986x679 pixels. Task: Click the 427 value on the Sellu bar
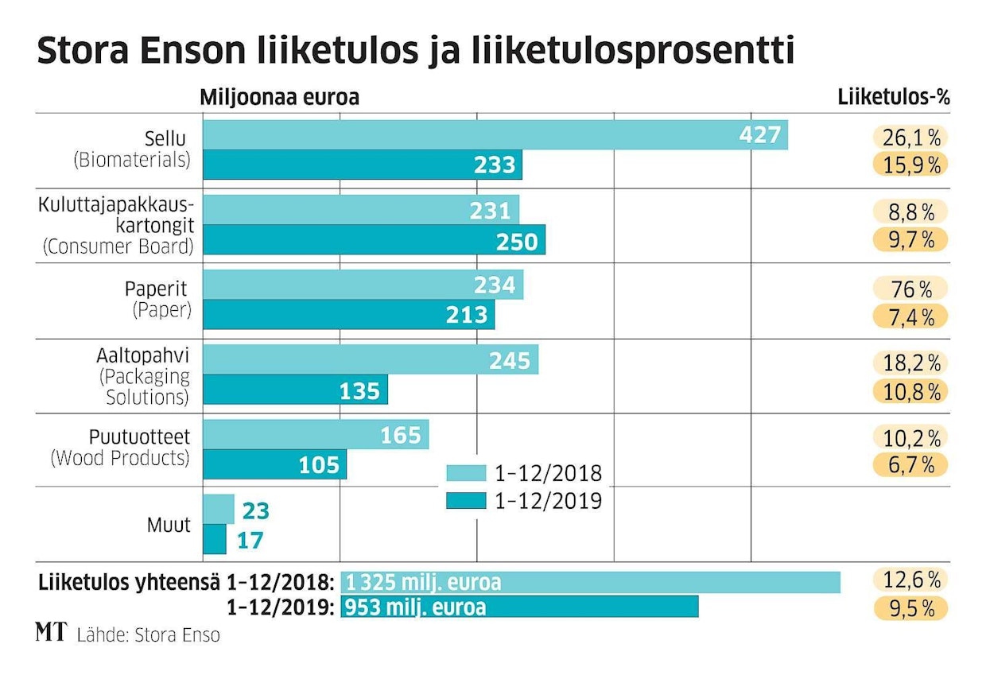[760, 134]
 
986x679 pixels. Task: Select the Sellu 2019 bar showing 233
[363, 165]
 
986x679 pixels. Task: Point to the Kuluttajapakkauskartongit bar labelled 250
[375, 240]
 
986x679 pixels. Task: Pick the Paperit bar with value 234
[363, 285]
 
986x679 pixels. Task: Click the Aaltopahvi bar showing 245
[371, 359]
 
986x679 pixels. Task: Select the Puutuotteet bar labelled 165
[316, 435]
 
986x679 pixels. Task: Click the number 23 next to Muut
[256, 510]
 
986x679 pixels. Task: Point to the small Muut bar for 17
[215, 540]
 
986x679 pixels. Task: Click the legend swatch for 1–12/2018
[466, 475]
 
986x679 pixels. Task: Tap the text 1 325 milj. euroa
[423, 582]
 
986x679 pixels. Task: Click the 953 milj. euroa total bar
[519, 607]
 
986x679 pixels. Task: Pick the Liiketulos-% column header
[895, 97]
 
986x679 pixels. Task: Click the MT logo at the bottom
[51, 633]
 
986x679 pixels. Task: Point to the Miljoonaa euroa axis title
[279, 97]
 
